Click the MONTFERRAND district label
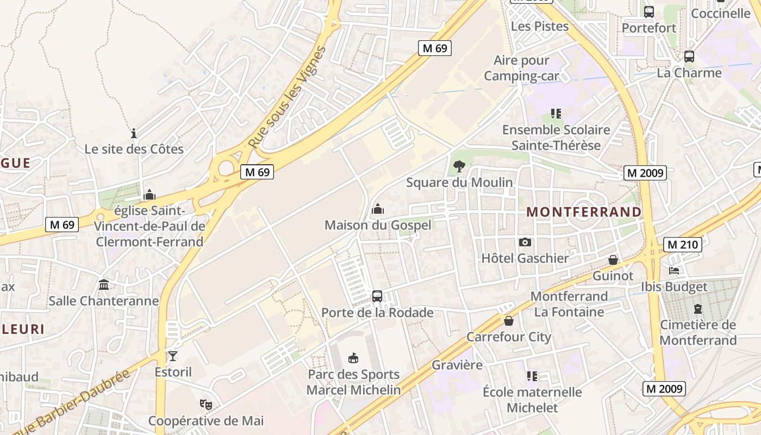[x=584, y=212]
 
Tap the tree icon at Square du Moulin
[x=459, y=166]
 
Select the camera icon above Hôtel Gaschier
[x=525, y=243]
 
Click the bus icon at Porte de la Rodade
[x=377, y=296]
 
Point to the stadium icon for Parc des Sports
[x=353, y=358]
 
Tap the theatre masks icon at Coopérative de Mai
[x=205, y=405]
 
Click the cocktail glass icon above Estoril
[x=173, y=356]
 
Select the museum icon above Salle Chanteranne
[x=104, y=285]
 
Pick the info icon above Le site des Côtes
[x=134, y=133]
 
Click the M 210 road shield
[x=683, y=245]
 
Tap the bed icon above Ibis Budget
[x=674, y=271]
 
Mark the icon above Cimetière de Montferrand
[x=698, y=309]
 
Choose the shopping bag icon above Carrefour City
[x=509, y=321]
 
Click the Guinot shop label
[x=613, y=276]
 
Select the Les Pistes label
[x=540, y=26]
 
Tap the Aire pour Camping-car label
[x=521, y=68]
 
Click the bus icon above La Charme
[x=689, y=56]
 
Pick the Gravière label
[x=457, y=365]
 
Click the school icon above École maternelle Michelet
[x=532, y=376]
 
